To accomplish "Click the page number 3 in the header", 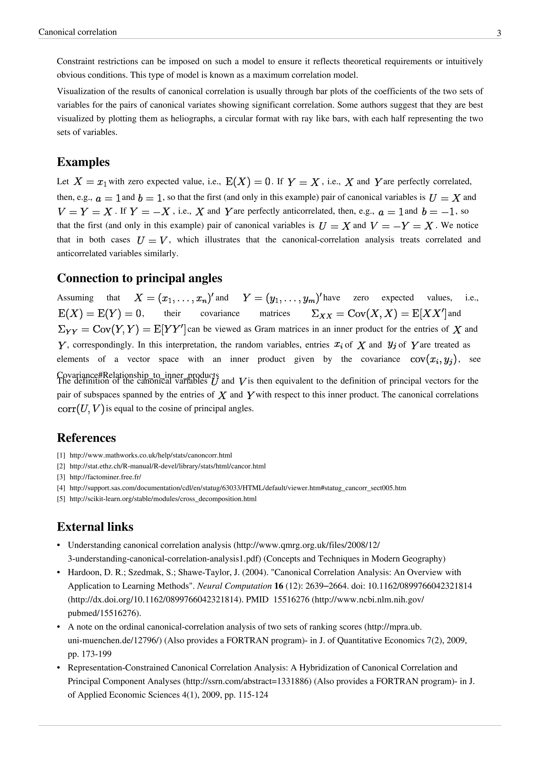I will pyautogui.click(x=499, y=33).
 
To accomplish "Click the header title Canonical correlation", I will pyautogui.click(x=78, y=32).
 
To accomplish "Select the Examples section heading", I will pyautogui.click(x=83, y=162).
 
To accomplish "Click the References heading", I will pyautogui.click(x=86, y=438).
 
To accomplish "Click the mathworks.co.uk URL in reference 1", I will pyautogui.click(x=151, y=455).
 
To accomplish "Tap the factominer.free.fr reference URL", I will pyautogui.click(x=105, y=477).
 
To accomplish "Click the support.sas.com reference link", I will pyautogui.click(x=238, y=488).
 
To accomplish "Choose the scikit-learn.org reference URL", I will pyautogui.click(x=163, y=499).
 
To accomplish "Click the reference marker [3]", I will pyautogui.click(x=61, y=477).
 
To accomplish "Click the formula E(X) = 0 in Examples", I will pyautogui.click(x=248, y=182).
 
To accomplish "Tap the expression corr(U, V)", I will pyautogui.click(x=81, y=409).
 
